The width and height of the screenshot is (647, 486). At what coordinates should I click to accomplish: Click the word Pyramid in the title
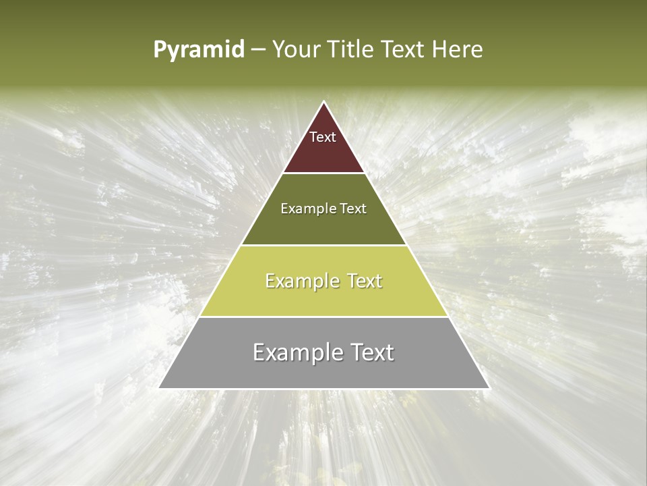click(198, 50)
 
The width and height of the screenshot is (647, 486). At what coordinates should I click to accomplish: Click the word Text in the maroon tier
click(323, 137)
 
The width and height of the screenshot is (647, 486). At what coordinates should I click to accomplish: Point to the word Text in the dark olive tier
click(353, 209)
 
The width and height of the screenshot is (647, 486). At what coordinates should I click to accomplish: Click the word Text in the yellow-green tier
click(365, 281)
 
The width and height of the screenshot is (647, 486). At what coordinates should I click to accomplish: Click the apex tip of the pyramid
click(324, 103)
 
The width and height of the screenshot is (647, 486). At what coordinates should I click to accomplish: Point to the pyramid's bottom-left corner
click(160, 387)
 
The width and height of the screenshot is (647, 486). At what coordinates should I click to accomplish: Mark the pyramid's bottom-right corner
click(488, 387)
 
